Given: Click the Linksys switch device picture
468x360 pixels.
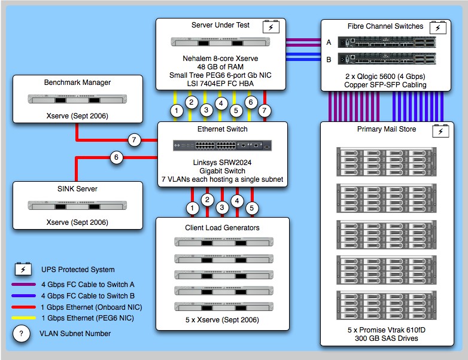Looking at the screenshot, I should [222, 145].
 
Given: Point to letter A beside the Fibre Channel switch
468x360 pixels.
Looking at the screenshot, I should [329, 42].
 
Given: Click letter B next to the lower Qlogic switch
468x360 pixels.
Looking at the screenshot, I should [329, 59].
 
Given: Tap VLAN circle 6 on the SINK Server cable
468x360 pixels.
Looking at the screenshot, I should [117, 158].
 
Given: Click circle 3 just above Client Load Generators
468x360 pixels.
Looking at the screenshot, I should [222, 208].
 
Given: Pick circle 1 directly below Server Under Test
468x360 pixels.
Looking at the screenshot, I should [176, 111].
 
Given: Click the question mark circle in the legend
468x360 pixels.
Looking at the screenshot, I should [22, 333].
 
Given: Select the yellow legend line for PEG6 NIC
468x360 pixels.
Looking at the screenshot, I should [23, 318].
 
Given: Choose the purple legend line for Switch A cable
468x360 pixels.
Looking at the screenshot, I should [23, 285].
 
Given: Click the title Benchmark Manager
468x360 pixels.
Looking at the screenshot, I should [78, 83].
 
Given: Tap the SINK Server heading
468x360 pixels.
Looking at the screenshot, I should [78, 189].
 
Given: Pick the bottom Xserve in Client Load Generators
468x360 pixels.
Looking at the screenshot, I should [222, 306].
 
